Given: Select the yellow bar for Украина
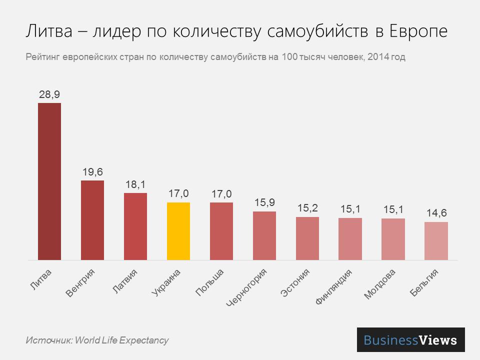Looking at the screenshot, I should (178, 231).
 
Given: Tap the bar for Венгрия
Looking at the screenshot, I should (92, 220).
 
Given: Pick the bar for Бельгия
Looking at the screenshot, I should (436, 241).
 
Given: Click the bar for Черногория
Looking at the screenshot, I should (264, 235).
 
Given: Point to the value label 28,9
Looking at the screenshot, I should (49, 94).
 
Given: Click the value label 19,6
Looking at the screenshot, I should (92, 172).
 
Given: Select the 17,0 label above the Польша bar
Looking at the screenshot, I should (221, 194).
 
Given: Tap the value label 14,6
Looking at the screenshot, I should (436, 213).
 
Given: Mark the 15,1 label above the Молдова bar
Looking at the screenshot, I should (393, 209).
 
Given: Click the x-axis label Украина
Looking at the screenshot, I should (166, 283).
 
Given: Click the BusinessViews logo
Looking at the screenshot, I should (410, 340).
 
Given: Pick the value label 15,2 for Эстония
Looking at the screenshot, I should (307, 208).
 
